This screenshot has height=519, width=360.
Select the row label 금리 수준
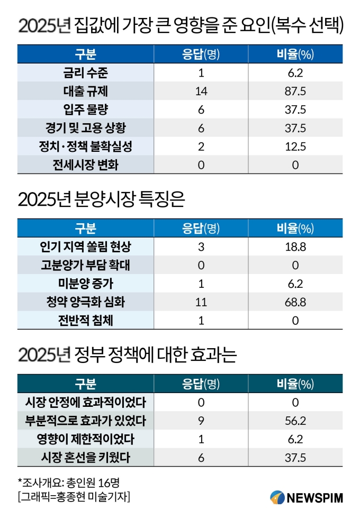85,73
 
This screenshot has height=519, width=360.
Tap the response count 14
201,91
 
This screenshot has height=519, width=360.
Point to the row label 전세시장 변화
85,165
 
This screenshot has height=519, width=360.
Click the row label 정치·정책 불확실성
85,146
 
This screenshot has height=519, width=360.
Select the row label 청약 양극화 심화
85,302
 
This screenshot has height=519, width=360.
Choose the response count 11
201,302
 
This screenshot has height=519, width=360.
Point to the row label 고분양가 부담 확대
85,265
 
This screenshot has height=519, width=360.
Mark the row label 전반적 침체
85,320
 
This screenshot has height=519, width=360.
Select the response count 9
201,421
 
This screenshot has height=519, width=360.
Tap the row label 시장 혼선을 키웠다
85,458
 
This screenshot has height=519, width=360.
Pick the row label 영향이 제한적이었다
85,439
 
